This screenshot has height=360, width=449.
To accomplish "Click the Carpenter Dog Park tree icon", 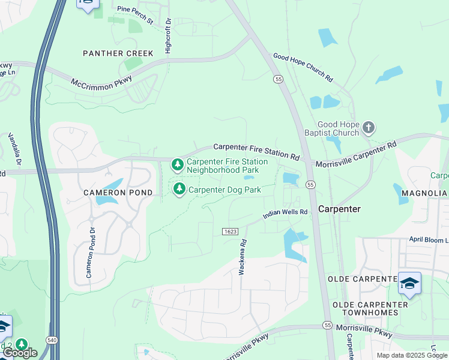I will click(179, 190).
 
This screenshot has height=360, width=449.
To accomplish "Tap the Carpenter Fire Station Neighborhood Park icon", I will click(177, 164).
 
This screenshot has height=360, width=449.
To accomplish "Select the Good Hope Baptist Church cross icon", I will click(369, 127).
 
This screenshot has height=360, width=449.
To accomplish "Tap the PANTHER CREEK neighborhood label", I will click(118, 53).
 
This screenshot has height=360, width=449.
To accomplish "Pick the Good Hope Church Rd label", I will click(303, 67).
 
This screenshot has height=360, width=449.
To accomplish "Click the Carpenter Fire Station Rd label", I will click(256, 151).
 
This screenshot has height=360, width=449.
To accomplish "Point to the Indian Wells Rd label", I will click(285, 213).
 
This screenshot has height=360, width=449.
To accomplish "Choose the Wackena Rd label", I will click(243, 257).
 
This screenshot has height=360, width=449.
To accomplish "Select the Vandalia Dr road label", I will click(15, 150).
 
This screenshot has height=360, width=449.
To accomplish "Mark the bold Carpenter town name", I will click(339, 209).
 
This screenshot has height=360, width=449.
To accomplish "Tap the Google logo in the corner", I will click(19, 353).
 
